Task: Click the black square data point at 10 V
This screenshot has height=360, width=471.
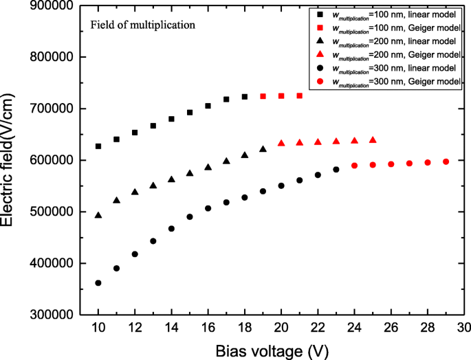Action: click(98, 146)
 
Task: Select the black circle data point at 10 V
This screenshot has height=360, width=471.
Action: click(98, 283)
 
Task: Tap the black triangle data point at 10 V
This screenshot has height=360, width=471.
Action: click(98, 215)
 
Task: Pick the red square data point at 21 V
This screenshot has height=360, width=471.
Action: click(300, 95)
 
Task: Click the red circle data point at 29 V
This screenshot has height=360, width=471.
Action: click(446, 161)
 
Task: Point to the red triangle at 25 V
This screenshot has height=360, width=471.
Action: click(373, 140)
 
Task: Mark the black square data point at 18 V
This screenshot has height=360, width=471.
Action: click(245, 97)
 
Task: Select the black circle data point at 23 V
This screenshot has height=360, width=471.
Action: click(336, 169)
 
